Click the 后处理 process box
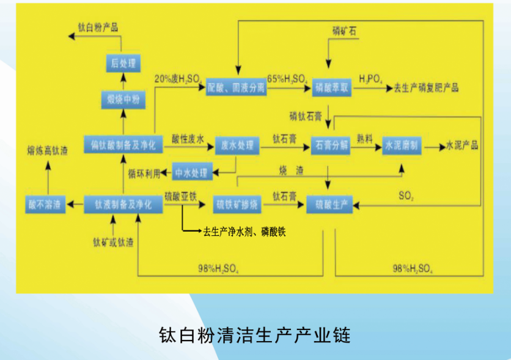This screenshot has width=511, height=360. [123, 63]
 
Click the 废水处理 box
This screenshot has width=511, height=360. [238, 145]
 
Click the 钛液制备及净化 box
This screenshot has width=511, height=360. [123, 204]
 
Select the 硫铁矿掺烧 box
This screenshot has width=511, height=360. [238, 204]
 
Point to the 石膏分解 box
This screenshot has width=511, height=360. [332, 145]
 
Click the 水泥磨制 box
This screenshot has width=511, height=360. [402, 145]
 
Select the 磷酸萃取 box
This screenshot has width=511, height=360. [332, 87]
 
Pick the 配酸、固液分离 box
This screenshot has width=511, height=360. [236, 87]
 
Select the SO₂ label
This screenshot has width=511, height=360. [407, 197]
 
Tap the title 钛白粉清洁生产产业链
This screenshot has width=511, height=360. [255, 336]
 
